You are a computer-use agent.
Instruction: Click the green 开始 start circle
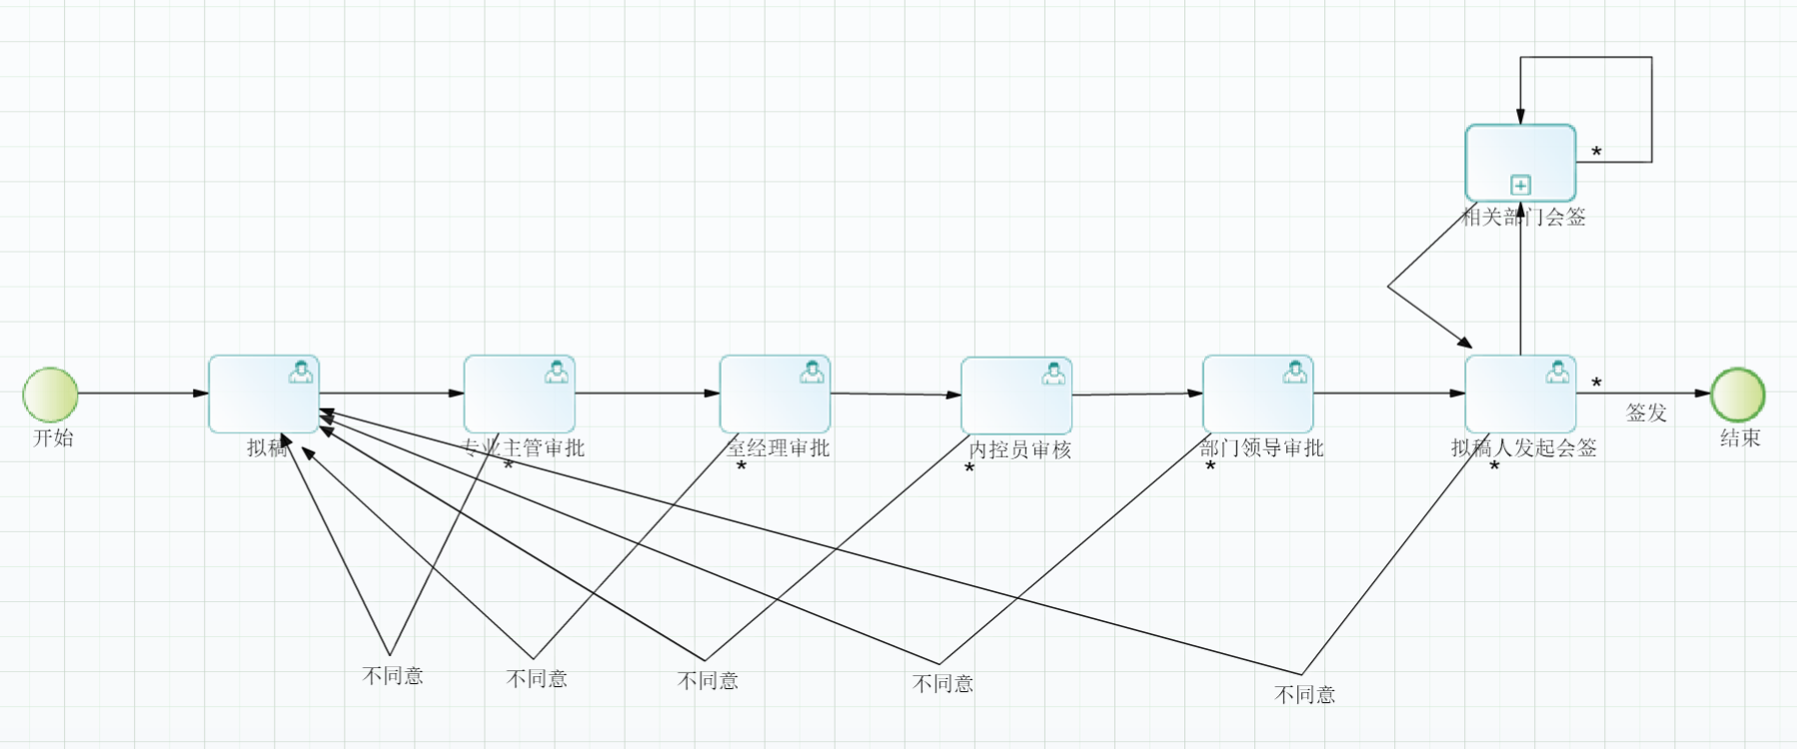tap(51, 394)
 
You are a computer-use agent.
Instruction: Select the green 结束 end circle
tap(1738, 394)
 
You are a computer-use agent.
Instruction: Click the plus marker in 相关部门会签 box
tap(1520, 185)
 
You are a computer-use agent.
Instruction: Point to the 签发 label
tap(1646, 412)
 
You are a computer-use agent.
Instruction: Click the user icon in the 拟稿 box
tap(301, 373)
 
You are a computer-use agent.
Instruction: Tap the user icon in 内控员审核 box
tap(1053, 374)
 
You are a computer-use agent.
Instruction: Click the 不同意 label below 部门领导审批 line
tap(942, 684)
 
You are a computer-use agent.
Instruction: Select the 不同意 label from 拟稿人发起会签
tap(1304, 695)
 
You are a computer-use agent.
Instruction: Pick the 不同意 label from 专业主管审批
tap(393, 676)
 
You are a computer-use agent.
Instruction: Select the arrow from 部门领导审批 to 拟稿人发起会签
tap(1389, 393)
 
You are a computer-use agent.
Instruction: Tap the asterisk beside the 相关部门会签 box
tap(1596, 152)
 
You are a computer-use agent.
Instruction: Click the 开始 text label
tap(53, 437)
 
